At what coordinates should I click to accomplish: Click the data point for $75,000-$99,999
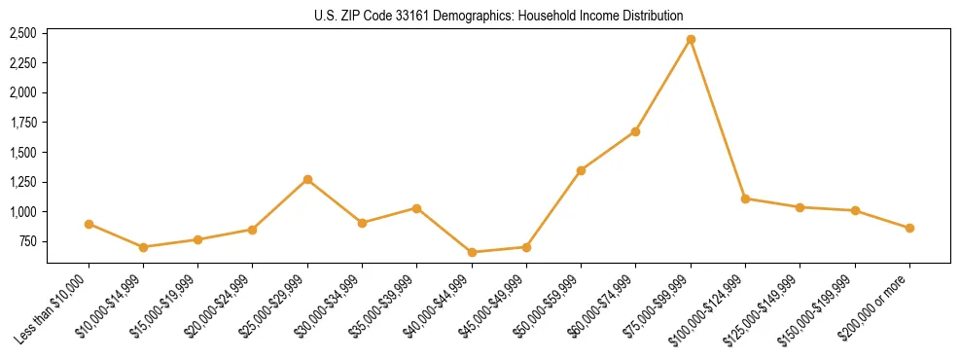[x=691, y=40]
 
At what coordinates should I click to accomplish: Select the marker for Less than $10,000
[x=89, y=224]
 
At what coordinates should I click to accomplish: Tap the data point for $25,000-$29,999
[x=307, y=179]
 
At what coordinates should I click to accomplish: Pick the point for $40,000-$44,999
[x=472, y=252]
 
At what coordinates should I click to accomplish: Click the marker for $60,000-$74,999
[x=635, y=131]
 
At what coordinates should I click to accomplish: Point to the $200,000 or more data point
[x=909, y=228]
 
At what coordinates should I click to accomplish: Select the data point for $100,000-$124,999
[x=745, y=198]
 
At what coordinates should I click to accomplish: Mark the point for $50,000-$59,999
[x=581, y=170]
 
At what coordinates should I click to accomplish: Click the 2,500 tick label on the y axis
[x=22, y=33]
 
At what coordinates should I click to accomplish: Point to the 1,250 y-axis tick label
[x=22, y=182]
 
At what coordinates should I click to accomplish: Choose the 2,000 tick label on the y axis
[x=22, y=92]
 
